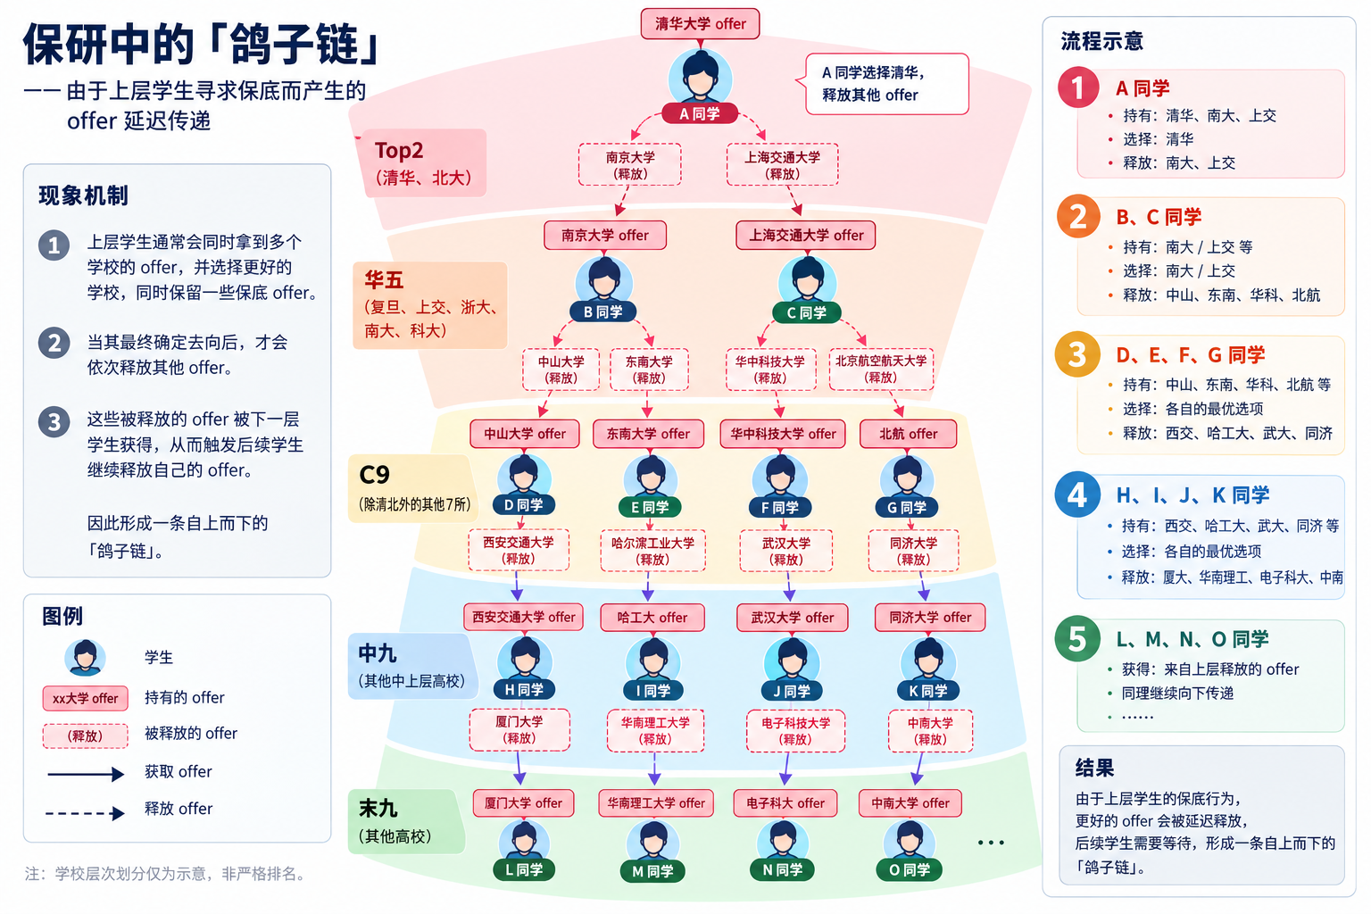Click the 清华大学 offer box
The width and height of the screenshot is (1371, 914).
(x=700, y=24)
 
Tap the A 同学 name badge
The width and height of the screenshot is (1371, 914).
(x=700, y=114)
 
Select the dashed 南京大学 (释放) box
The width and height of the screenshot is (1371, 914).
(x=630, y=164)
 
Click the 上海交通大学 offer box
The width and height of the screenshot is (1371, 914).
(x=805, y=236)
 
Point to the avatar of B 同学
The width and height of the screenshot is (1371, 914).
(x=604, y=281)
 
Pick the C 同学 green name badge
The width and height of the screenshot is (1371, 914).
(x=806, y=312)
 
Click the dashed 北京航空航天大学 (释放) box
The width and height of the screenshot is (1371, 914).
(x=881, y=370)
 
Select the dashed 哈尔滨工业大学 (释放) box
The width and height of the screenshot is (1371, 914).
(x=652, y=551)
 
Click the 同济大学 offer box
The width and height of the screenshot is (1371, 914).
(x=930, y=618)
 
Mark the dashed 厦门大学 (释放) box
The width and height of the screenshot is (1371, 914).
(x=519, y=730)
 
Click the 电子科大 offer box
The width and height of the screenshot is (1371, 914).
(x=785, y=803)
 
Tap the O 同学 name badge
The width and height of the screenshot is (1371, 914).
(x=909, y=870)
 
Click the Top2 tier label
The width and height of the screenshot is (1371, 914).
(x=424, y=162)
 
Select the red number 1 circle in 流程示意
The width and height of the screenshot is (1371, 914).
(x=1078, y=87)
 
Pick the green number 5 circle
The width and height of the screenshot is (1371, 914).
(x=1077, y=638)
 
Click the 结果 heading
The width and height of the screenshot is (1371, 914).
(x=1094, y=768)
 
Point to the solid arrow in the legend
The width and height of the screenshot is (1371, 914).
(x=85, y=774)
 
